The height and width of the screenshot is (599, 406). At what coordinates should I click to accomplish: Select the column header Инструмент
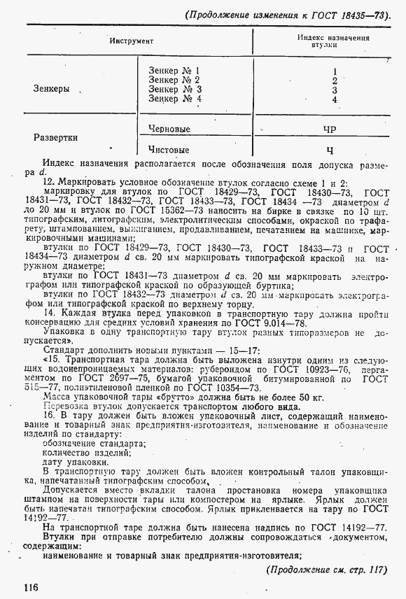pos(131,41)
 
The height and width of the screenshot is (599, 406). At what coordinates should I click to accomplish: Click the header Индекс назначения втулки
pos(333,41)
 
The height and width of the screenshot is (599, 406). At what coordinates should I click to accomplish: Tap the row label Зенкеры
pos(52,89)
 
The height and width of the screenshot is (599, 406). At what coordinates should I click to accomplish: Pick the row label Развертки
pos(55,138)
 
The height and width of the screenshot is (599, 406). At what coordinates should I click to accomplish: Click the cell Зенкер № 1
pos(174,71)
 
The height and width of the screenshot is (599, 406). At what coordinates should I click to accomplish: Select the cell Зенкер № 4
pos(175,99)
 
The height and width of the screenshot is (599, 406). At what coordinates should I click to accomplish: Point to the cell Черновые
pos(169,129)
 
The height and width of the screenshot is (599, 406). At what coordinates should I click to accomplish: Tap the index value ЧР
pos(330,129)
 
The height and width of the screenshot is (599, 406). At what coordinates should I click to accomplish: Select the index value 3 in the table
pos(335,90)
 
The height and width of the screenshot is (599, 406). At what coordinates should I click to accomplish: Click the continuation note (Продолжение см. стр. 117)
pos(328,569)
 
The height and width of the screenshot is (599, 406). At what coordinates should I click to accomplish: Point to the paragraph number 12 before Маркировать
pos(48,181)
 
